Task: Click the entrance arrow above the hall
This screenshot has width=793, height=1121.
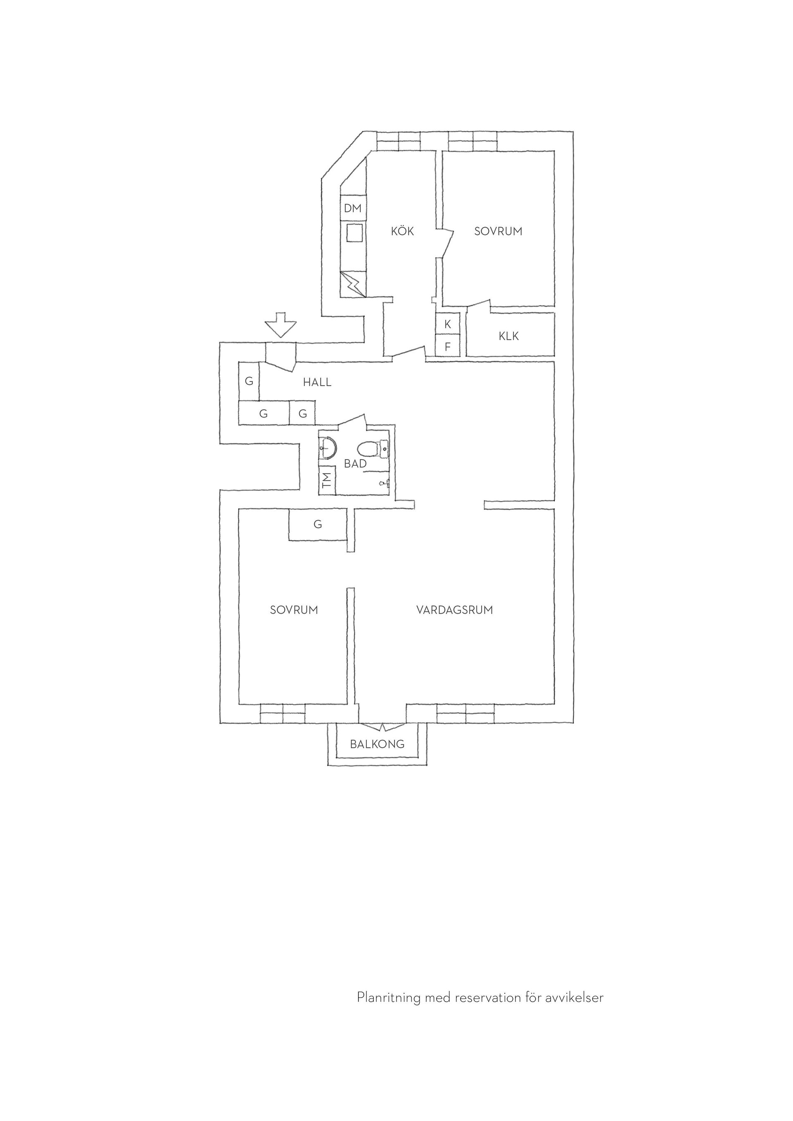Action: point(281,325)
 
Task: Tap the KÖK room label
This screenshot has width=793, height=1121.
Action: point(402,231)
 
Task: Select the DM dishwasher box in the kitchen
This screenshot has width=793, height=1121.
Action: point(353,209)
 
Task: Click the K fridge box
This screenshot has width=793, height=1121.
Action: point(448,324)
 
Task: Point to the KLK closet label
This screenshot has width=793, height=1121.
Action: point(509,336)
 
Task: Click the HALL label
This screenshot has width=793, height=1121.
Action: point(317,382)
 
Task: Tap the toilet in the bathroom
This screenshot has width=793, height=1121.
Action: point(373,448)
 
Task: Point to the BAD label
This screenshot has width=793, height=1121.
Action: point(355,464)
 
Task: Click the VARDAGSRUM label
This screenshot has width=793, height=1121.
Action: point(455,610)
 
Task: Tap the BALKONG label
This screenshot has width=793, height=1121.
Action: point(378,744)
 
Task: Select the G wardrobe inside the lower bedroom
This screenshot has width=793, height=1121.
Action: point(318,524)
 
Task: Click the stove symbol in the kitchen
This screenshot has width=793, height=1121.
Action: point(353,283)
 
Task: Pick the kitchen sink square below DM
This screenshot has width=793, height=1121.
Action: point(353,233)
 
